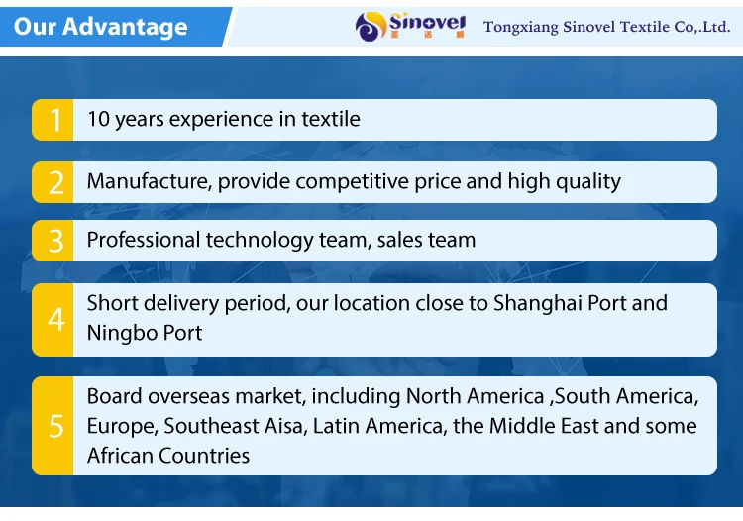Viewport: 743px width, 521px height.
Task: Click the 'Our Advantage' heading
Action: pyautogui.click(x=100, y=26)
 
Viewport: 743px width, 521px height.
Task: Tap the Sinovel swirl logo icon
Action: pyautogui.click(x=371, y=27)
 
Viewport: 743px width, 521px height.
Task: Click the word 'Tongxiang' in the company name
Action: pyautogui.click(x=521, y=27)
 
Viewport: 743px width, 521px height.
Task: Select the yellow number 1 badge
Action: pyautogui.click(x=53, y=120)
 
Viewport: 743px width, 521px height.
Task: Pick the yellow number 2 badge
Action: pyautogui.click(x=53, y=182)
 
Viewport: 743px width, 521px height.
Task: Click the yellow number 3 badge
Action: pyautogui.click(x=53, y=241)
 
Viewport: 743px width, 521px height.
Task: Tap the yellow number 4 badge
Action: pyautogui.click(x=53, y=320)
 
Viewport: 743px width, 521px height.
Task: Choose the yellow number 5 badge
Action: pyautogui.click(x=53, y=426)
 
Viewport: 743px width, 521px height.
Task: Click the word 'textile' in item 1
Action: pyautogui.click(x=331, y=119)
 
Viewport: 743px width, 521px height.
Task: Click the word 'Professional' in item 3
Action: pyautogui.click(x=143, y=240)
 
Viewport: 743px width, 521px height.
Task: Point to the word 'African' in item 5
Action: pyautogui.click(x=120, y=456)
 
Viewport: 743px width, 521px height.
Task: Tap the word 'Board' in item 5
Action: pyautogui.click(x=114, y=396)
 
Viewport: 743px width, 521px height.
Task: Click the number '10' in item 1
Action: pyautogui.click(x=98, y=119)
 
